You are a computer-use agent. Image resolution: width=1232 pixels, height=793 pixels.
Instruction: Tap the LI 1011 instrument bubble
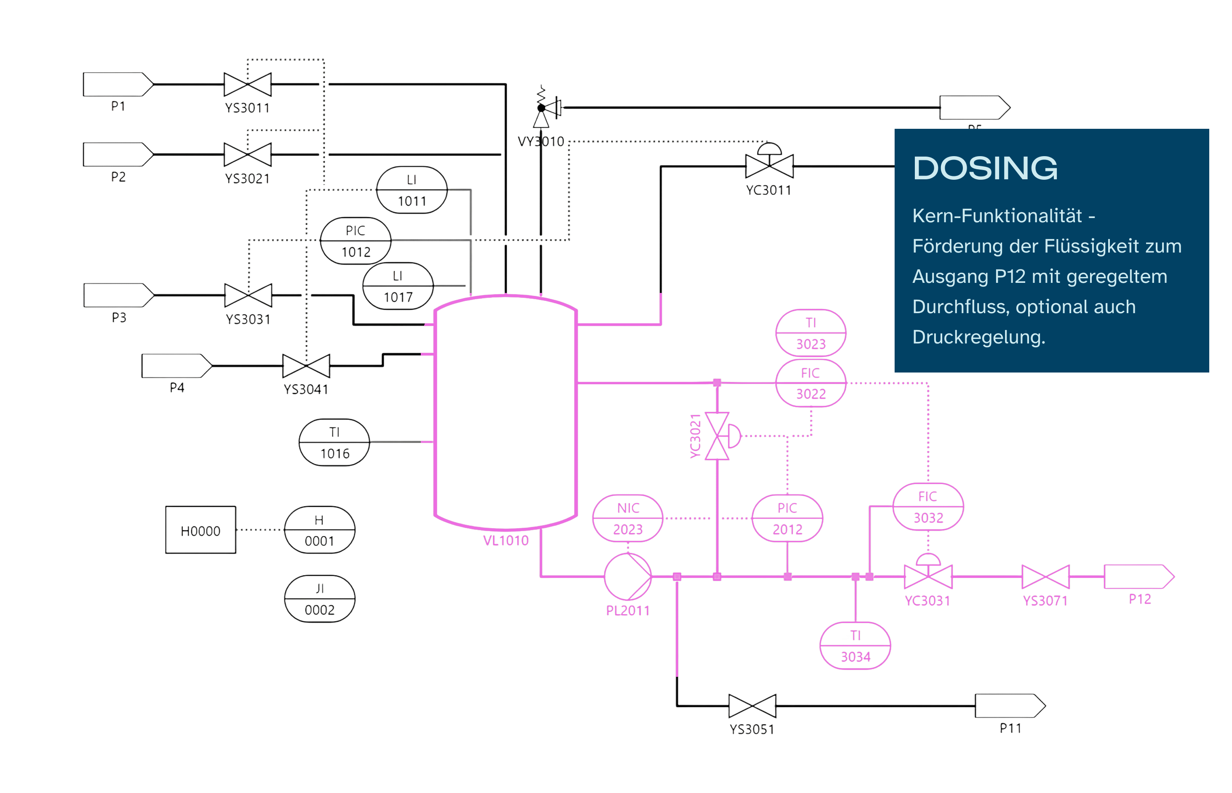point(412,189)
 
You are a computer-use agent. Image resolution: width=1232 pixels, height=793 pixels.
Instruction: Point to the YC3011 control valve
point(769,164)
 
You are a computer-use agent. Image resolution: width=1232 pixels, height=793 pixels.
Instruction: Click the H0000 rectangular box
point(200,530)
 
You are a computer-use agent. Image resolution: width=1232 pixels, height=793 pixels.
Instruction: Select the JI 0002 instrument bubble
point(319,599)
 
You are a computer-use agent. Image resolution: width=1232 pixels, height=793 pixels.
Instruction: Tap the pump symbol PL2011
point(627,576)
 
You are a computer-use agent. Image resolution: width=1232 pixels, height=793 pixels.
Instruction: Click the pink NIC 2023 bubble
point(628,518)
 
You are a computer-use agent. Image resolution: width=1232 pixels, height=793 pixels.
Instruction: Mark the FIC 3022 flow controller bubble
point(810,383)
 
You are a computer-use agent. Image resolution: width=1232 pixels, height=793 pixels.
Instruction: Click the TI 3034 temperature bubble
point(855,645)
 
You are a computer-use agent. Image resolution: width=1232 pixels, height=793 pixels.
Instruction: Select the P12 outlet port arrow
point(1138,576)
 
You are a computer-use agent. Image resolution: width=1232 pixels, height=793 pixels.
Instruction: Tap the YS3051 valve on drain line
point(752,705)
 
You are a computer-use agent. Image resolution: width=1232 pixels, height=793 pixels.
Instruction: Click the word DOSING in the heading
point(985,168)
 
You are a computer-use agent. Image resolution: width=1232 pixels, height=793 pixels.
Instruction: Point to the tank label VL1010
point(505,540)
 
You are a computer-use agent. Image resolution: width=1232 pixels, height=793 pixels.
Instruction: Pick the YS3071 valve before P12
point(1045,576)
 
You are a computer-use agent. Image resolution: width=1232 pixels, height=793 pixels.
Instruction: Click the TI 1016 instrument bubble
point(334,442)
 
